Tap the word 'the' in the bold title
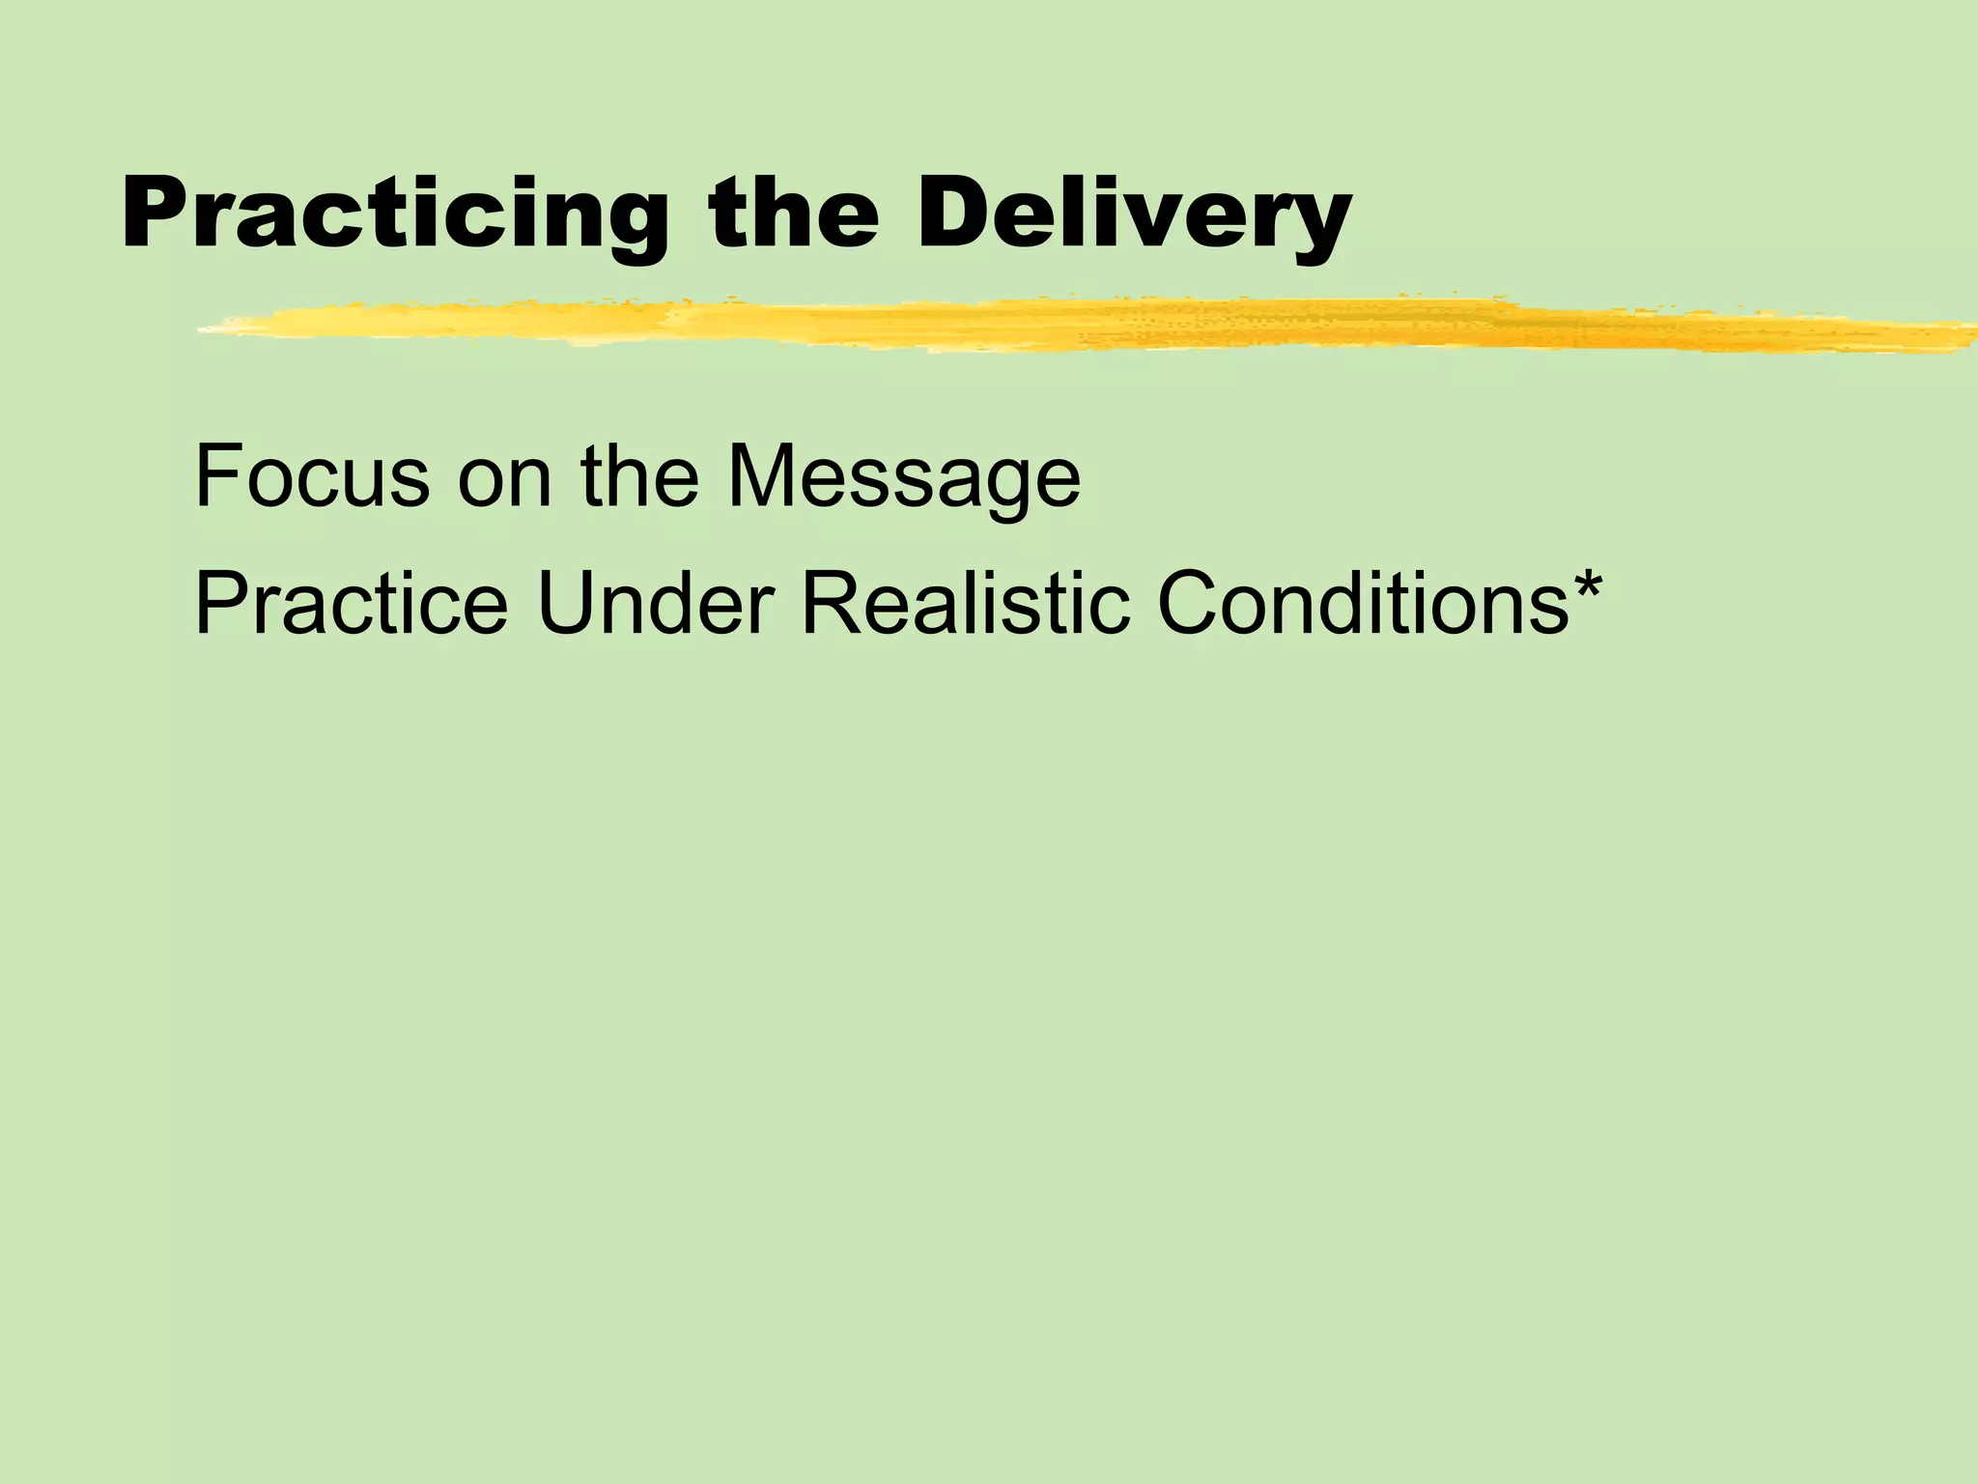(x=794, y=214)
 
